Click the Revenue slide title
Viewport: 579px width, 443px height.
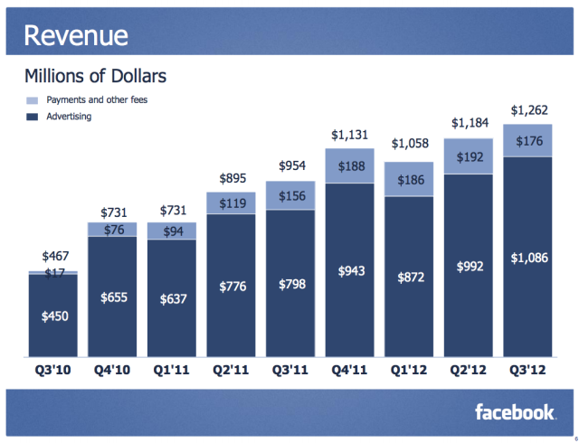point(75,36)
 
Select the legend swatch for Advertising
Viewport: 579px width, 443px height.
point(33,117)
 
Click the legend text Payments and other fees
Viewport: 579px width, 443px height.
point(97,99)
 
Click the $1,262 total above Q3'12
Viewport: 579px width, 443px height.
point(528,111)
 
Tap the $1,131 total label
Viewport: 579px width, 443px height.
point(348,136)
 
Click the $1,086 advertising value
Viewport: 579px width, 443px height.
point(528,259)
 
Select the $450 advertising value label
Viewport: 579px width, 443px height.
point(53,316)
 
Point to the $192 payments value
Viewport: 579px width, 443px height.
point(470,156)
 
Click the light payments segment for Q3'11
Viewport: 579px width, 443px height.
point(290,195)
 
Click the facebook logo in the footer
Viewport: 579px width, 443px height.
point(515,412)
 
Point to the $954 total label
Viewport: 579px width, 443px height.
point(290,167)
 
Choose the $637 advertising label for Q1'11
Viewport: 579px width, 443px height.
point(172,299)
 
